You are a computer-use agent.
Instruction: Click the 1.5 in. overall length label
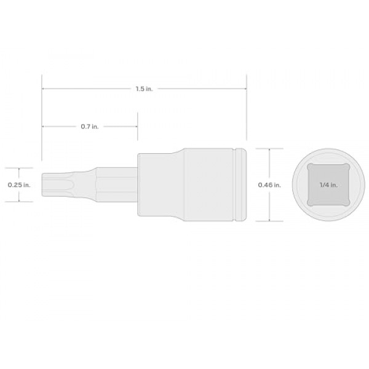click(x=144, y=90)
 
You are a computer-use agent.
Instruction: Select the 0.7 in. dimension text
click(x=90, y=127)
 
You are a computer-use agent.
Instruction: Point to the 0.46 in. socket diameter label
click(x=269, y=184)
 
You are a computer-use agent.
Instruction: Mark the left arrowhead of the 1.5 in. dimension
click(x=44, y=90)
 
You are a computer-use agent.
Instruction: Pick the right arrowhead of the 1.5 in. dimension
click(x=245, y=90)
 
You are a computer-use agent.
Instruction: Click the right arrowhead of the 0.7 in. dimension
click(x=135, y=127)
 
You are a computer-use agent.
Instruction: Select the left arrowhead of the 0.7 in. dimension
click(x=44, y=127)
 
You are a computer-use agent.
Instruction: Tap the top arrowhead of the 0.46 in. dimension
click(x=269, y=150)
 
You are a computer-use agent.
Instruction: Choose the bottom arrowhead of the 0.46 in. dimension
click(x=269, y=220)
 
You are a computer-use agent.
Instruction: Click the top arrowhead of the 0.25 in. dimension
click(x=19, y=169)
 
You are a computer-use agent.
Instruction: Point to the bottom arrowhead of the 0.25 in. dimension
click(x=19, y=200)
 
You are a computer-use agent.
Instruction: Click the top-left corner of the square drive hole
click(x=310, y=169)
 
